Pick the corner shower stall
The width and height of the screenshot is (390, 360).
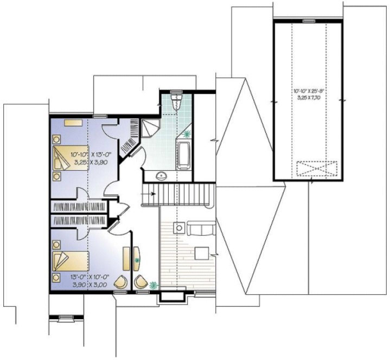pos(150,128)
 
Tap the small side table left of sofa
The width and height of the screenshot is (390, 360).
pos(177,227)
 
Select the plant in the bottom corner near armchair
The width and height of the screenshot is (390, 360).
pos(154,284)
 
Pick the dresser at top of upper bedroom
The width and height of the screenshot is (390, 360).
pos(72,123)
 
